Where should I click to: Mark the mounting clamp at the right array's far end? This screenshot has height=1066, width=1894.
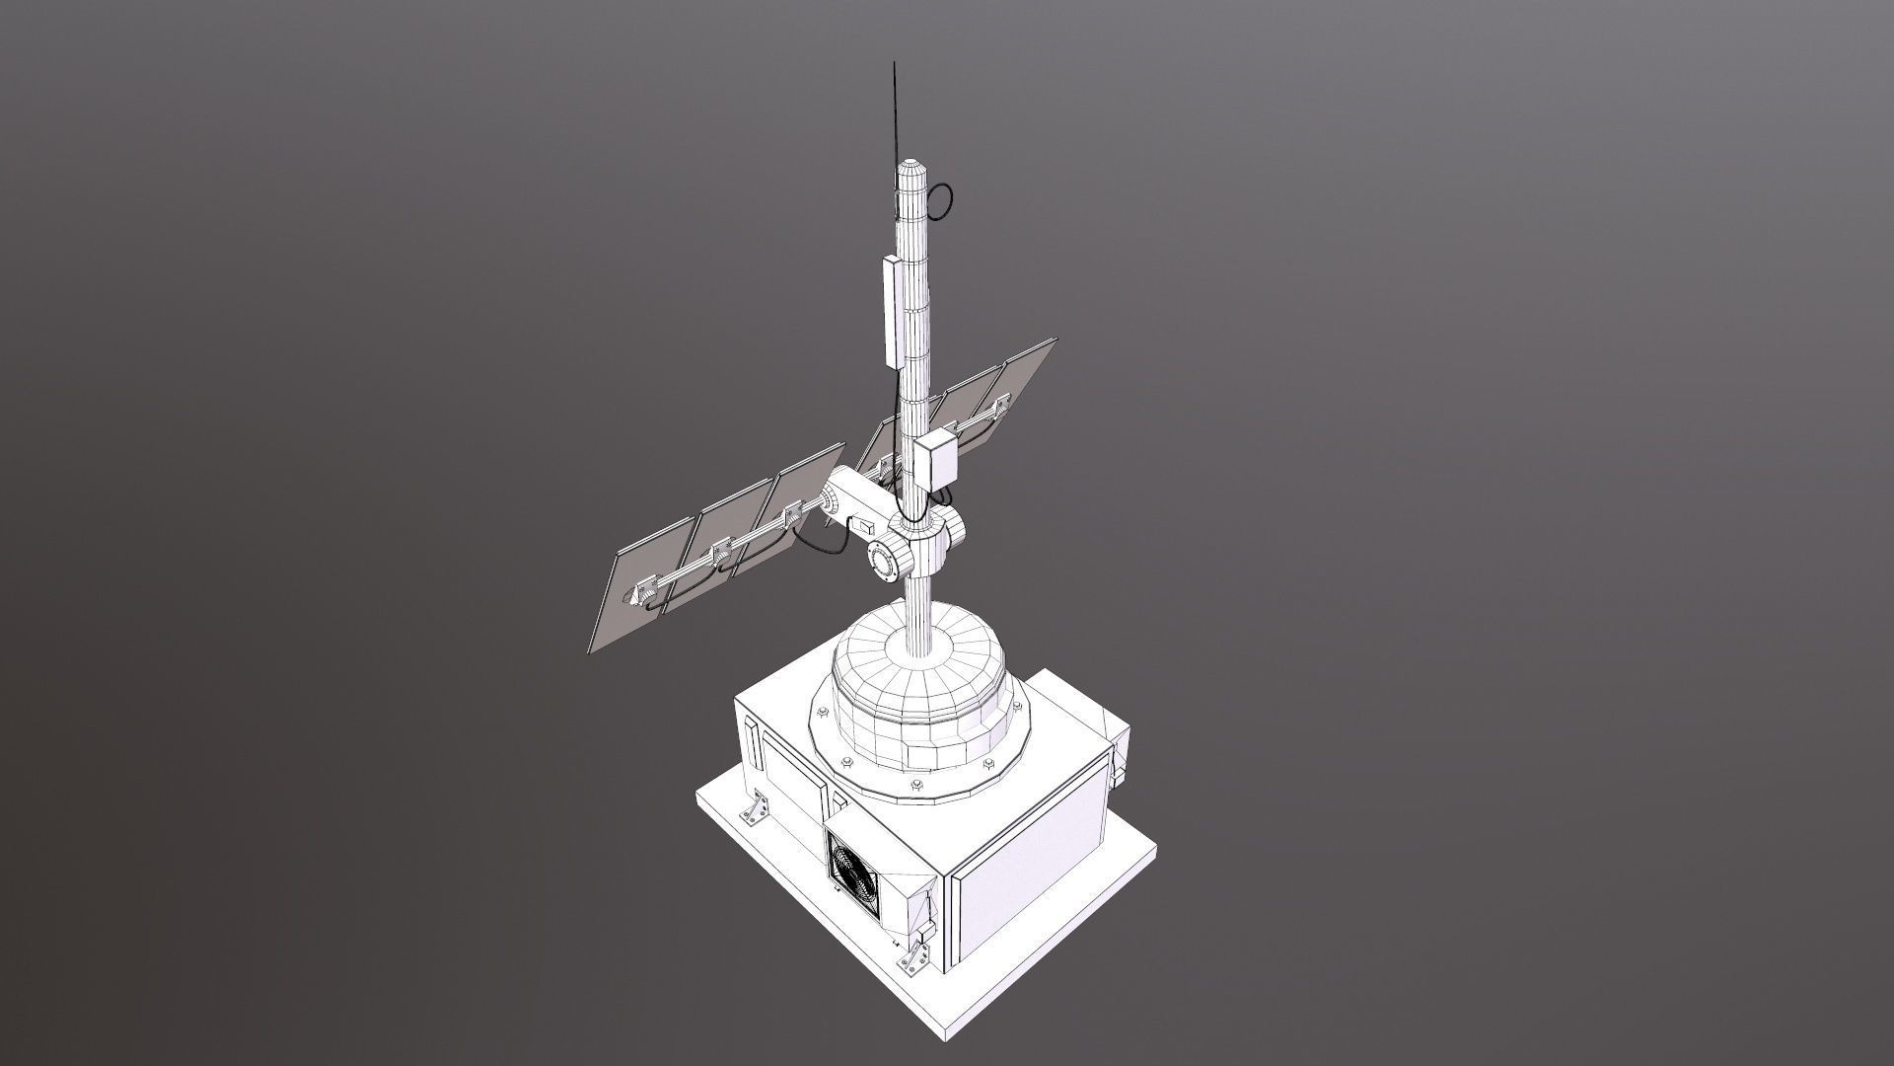(1002, 402)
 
